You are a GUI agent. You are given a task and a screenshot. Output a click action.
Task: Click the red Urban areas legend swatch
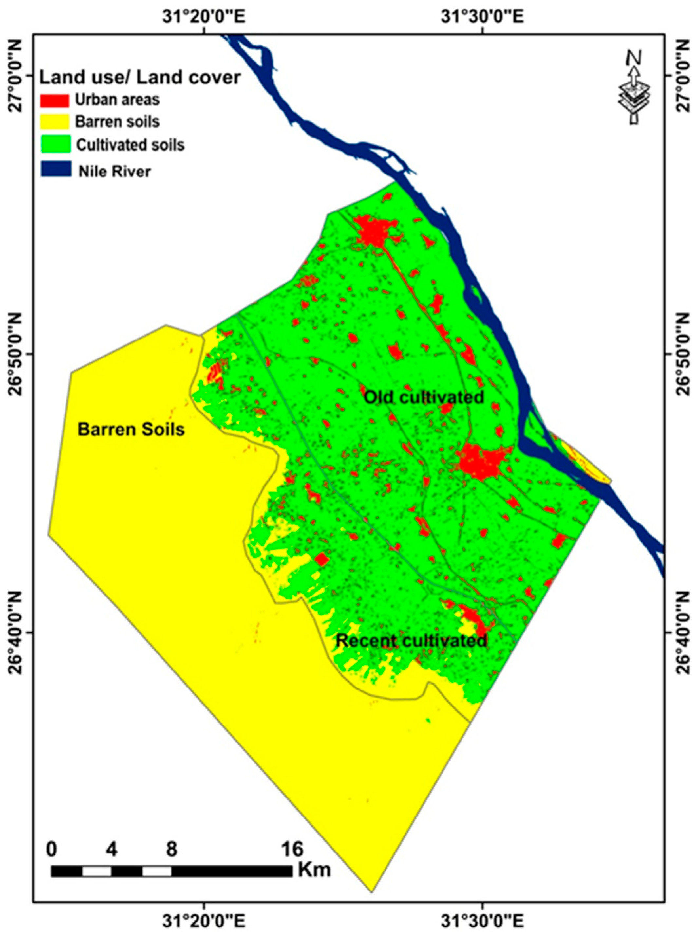click(x=54, y=101)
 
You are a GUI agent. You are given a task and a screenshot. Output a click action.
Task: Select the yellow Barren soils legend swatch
click(x=54, y=122)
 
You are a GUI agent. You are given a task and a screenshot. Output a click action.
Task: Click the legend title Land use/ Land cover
click(x=140, y=78)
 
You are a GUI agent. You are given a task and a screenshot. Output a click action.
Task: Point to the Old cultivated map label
click(x=423, y=397)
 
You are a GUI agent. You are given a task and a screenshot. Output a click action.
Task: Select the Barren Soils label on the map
click(x=131, y=430)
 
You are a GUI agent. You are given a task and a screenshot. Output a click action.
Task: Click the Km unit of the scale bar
click(x=314, y=834)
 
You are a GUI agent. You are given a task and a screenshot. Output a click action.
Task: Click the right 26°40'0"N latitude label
click(x=683, y=632)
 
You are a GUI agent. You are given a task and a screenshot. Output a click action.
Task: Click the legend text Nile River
click(x=114, y=172)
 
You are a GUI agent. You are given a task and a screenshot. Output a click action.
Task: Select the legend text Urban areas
click(x=117, y=100)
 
